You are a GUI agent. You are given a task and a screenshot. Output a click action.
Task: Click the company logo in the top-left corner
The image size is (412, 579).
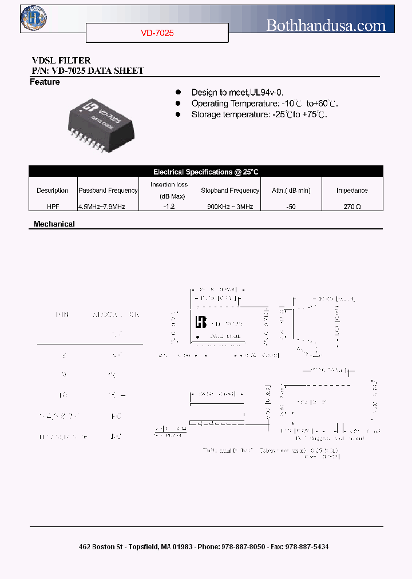(34, 18)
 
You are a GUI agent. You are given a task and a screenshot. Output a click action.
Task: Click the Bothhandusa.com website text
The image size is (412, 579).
(326, 25)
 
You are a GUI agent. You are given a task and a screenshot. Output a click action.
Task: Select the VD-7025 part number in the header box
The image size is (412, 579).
(157, 33)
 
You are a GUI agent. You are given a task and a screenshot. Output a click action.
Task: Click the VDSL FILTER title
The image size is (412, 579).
(61, 61)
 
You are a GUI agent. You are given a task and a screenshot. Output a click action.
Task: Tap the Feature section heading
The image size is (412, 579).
(45, 82)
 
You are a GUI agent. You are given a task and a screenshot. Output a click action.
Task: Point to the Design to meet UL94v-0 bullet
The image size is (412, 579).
(237, 92)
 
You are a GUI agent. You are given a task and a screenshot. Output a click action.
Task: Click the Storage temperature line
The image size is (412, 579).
(259, 114)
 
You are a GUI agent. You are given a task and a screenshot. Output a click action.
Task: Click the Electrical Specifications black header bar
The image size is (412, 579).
(206, 172)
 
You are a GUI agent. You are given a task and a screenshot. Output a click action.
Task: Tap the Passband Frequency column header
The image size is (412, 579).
(108, 191)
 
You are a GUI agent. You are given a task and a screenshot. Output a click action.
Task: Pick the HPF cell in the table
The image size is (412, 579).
(52, 206)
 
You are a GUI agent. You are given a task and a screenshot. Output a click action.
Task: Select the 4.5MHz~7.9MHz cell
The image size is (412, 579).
(101, 206)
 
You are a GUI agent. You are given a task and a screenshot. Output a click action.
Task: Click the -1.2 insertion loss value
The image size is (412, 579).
(168, 206)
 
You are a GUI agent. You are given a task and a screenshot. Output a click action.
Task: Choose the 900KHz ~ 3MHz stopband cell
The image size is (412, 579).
(230, 206)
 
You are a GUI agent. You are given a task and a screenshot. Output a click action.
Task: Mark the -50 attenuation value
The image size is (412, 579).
(291, 206)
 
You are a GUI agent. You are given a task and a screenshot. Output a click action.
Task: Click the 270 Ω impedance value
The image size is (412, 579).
(351, 206)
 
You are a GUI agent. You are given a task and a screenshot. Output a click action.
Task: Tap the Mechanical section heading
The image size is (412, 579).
(54, 224)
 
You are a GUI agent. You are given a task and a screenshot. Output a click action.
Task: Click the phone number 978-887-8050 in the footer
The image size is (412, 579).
(241, 547)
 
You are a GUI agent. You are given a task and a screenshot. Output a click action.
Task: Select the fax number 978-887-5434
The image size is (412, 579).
(305, 547)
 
